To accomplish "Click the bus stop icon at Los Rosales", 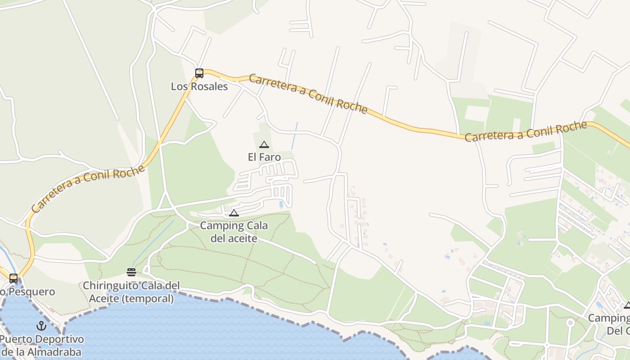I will point(199,73).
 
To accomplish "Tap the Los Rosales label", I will point(199,86).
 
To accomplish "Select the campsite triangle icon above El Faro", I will point(264,145).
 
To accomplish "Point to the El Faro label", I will point(264,157).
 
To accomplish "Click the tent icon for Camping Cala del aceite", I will point(234,213).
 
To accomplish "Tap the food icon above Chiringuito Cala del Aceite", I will point(131,272).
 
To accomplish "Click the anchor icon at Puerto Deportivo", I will point(41,325).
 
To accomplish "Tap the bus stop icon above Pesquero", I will point(13,279).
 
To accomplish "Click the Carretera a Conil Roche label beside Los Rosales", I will point(308,94).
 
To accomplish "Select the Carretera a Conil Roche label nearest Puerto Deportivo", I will point(88,188).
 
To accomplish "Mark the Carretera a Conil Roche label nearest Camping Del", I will point(526,131).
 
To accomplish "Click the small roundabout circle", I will point(570,323).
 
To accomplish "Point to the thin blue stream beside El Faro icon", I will point(294,135).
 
